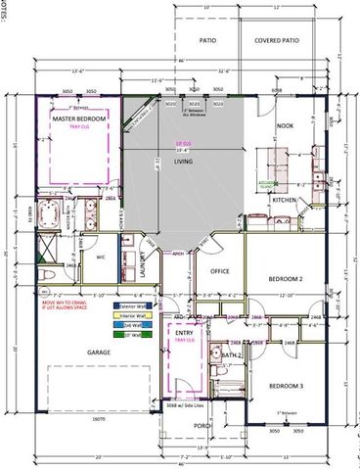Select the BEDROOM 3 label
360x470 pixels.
pyautogui.click(x=289, y=386)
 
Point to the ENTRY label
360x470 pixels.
pyautogui.click(x=183, y=333)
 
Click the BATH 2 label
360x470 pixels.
pyautogui.click(x=231, y=355)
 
